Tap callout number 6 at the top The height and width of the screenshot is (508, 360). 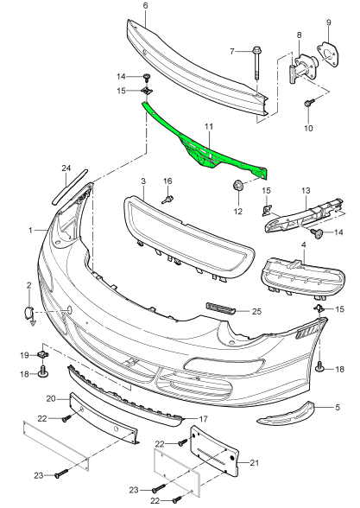[145, 6]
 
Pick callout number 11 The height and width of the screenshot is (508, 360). [207, 127]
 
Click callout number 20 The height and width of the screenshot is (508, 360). [51, 398]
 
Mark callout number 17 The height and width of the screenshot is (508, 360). [180, 420]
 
